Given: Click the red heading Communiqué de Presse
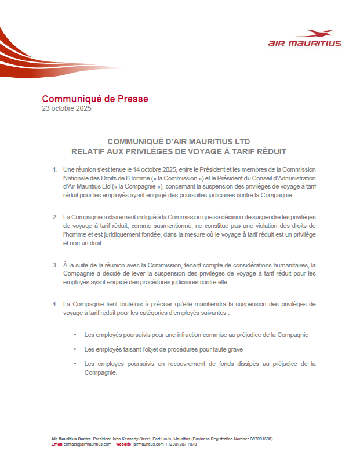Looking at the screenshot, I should coord(94,99).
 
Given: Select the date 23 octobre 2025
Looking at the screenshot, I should coord(67,108).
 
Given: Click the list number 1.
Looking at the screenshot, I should coord(54,169).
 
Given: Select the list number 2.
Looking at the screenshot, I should coord(54,216).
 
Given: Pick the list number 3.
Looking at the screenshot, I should coord(54,264).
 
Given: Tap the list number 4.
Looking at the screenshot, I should coord(54,303).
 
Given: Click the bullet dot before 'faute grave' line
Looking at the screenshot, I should coord(75,349).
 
